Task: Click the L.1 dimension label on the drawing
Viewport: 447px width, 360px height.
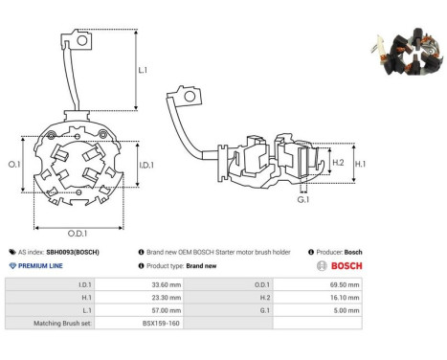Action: tap(143, 70)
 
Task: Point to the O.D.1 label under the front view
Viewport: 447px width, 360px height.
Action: tap(78, 234)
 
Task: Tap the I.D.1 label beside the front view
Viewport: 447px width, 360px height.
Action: tap(146, 165)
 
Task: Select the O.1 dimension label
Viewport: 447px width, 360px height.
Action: tap(14, 165)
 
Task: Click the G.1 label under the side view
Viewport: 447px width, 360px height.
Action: tap(303, 200)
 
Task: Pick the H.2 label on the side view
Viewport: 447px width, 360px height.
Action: tap(338, 163)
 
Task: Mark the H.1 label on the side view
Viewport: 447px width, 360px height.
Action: tap(360, 164)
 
